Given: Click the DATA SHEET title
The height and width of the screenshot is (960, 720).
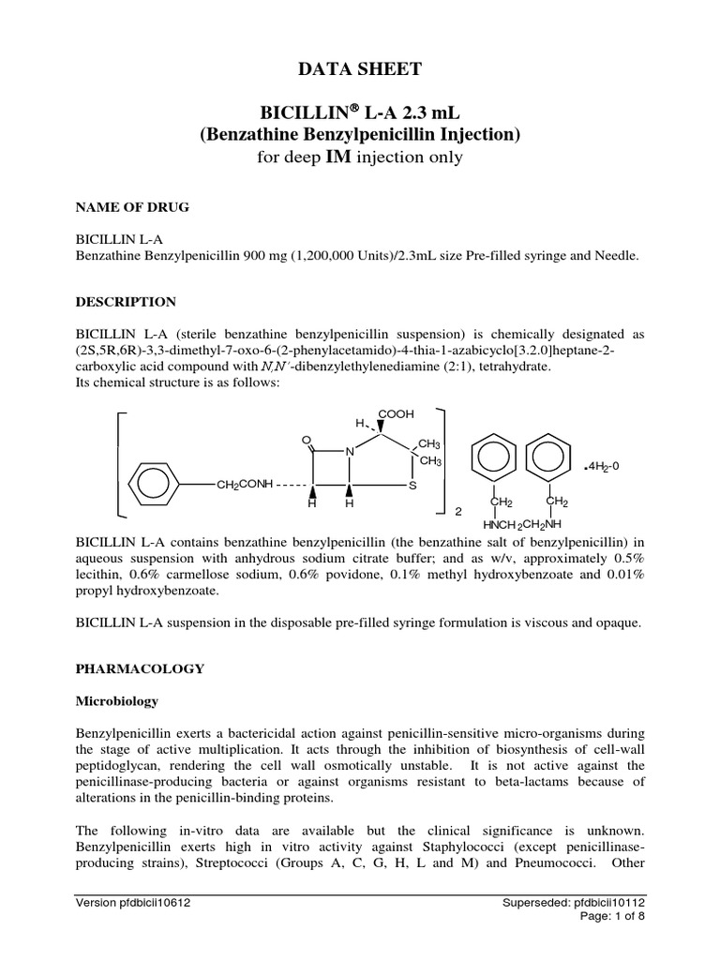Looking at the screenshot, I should (360, 67).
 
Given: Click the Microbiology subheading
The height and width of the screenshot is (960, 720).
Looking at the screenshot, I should (117, 700).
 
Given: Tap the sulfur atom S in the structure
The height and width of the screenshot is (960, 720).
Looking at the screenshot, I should (412, 486).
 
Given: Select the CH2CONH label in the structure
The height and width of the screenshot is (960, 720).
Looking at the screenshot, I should (244, 485).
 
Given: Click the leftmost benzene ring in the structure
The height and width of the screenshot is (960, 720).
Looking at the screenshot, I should (148, 485).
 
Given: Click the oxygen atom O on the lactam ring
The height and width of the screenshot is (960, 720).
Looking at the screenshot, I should (306, 438).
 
